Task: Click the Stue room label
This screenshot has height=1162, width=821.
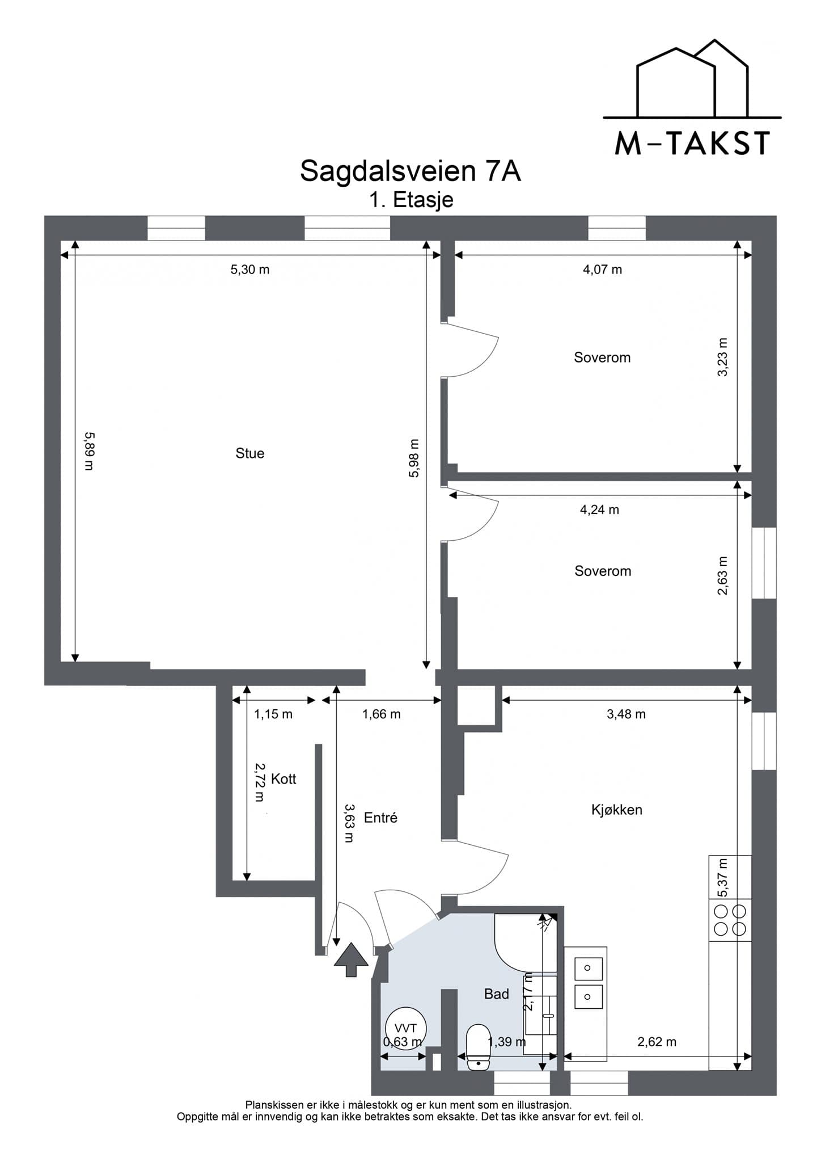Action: tap(250, 453)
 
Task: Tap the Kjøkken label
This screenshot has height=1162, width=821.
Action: tap(617, 810)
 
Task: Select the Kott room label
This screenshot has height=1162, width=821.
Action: tap(283, 779)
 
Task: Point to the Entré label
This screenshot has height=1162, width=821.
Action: tap(380, 818)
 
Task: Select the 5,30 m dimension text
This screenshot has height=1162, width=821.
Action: tap(250, 270)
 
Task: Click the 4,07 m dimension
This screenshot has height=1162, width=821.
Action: tap(603, 270)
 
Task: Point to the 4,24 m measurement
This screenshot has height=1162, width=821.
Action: tap(600, 510)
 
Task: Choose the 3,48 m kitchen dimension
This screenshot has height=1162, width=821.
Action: tap(627, 714)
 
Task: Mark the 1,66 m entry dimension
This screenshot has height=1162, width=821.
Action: tap(382, 714)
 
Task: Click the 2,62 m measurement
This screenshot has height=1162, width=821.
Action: tap(657, 1042)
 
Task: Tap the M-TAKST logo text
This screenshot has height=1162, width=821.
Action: tap(693, 144)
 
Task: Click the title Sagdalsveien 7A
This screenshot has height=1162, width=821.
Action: tap(410, 171)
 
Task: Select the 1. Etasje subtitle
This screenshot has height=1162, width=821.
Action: tap(411, 200)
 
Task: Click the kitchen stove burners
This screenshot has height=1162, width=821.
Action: tap(730, 920)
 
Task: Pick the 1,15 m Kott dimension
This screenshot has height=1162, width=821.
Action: tap(273, 714)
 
